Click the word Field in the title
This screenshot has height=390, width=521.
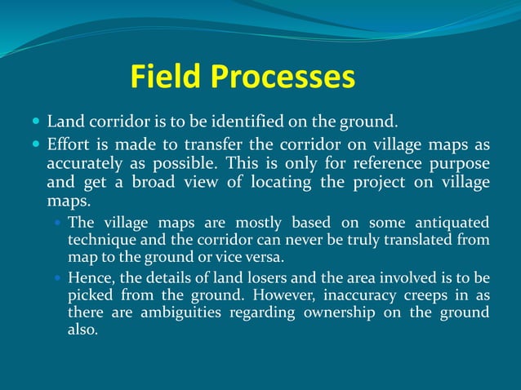coord(167,78)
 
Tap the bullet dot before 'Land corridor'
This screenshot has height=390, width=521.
coord(36,122)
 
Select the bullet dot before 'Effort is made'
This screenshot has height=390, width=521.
coord(36,144)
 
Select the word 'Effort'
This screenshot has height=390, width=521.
coord(68,145)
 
